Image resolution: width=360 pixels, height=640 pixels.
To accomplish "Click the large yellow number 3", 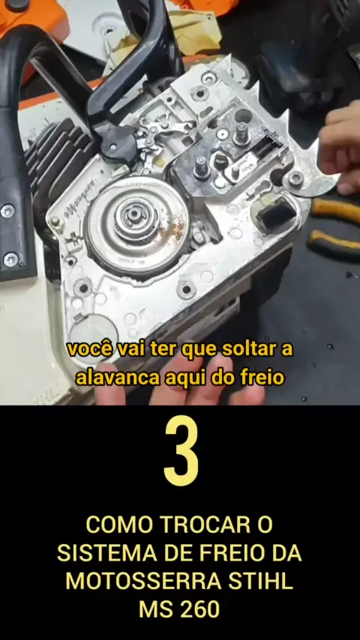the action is coord(181,450).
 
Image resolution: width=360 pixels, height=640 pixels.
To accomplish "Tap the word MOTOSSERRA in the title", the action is coord(144,582).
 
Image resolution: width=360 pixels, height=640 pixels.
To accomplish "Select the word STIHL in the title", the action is coord(261,582).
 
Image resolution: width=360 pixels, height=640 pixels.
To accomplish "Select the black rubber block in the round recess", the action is coord(276,213).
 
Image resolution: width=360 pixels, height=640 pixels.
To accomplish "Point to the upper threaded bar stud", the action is coord(241,133).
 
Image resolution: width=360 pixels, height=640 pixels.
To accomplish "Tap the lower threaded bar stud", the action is coord(202,166).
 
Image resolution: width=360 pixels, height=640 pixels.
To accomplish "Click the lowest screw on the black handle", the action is coord(10,259).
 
